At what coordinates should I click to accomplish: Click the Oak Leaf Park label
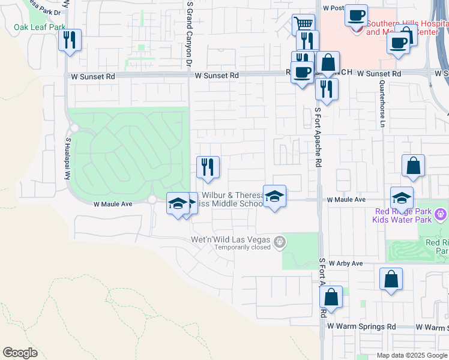(x=40, y=27)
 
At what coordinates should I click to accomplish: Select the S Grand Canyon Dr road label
(x=189, y=33)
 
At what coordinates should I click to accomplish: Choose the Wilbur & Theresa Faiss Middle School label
(x=233, y=199)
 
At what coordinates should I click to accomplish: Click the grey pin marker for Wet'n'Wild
(x=279, y=242)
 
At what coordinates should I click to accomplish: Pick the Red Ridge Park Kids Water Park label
(x=403, y=215)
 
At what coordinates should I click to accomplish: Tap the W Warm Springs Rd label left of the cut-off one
(x=361, y=326)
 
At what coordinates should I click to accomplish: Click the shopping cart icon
(x=304, y=25)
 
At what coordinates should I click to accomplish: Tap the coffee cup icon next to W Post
(x=356, y=15)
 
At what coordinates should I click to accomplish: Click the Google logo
(x=20, y=353)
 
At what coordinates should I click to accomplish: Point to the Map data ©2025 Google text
(x=412, y=355)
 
